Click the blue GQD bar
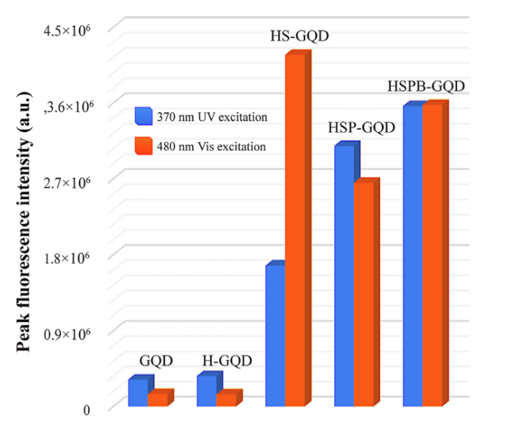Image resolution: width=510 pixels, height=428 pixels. click(x=138, y=393)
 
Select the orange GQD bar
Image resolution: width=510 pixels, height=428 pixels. click(x=157, y=399)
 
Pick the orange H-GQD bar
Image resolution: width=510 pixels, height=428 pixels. click(x=225, y=399)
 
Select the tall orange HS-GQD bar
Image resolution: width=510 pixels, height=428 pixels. click(x=295, y=231)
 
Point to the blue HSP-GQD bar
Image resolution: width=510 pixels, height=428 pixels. click(x=344, y=276)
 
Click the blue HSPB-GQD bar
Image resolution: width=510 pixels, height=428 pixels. click(x=412, y=256)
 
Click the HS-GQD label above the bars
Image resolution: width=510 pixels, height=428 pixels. click(x=300, y=36)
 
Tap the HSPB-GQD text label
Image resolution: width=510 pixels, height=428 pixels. click(x=426, y=87)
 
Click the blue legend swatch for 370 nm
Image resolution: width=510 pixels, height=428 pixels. click(x=143, y=116)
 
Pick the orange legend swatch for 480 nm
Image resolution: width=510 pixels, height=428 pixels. click(x=143, y=146)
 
